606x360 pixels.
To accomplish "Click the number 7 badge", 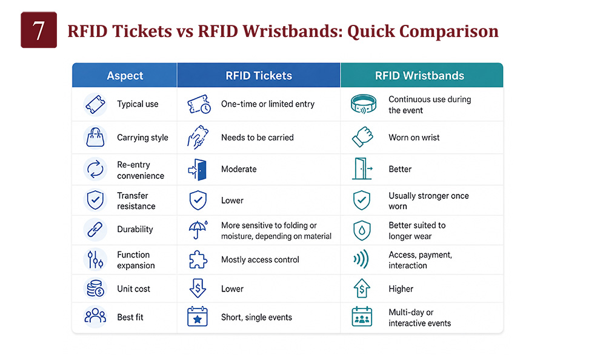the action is pos(39,30).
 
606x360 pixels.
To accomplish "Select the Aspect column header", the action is pos(124,75).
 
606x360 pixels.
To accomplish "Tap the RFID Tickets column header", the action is pos(259,75).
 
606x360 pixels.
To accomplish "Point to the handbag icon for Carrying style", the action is pos(95,137).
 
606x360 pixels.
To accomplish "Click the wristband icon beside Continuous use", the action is pos(363,104).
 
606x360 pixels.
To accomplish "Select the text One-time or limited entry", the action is pos(268,104).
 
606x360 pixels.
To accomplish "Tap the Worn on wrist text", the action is pos(414,138).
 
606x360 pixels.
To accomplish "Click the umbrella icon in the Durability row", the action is pos(198,230).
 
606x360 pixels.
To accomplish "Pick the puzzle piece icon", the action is pos(198,259).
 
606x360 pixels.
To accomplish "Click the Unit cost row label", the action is pos(133,289).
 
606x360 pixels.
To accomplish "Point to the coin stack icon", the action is pos(95,288).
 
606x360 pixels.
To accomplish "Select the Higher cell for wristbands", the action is pos(401,289).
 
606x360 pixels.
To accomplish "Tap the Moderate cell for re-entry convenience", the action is pos(239,169).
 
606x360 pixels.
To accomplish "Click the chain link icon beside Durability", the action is pos(95,229).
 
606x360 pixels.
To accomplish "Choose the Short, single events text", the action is pos(256,318).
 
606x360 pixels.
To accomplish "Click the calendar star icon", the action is pos(198,317).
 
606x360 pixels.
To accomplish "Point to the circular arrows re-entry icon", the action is pos(95,169).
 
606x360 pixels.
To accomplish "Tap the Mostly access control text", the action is pos(260,260).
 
